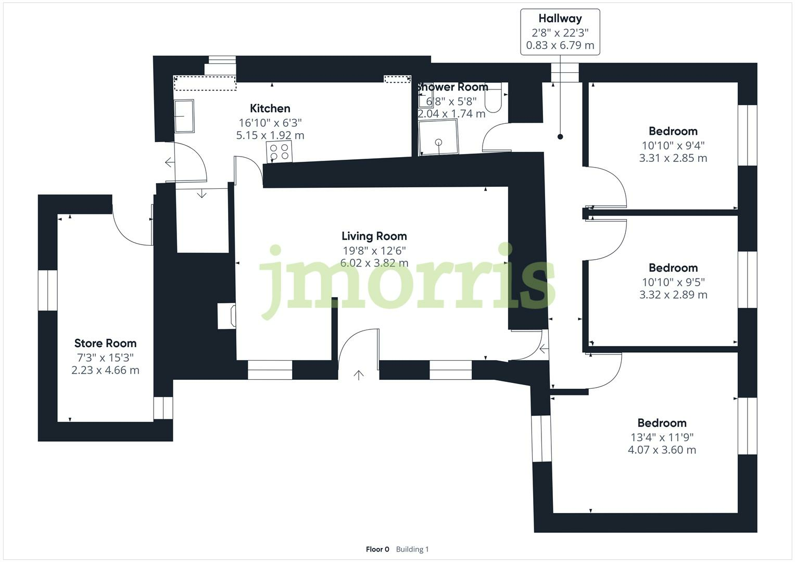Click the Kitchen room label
coord(270,108)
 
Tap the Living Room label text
coord(374,236)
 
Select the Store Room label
coord(105,343)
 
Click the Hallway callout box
coord(560,32)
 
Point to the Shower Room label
coord(452,87)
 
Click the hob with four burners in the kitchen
coord(279,152)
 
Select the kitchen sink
coord(184,116)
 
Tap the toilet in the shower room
coord(493,97)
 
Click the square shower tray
coord(438,137)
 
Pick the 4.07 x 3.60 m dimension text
coord(662,450)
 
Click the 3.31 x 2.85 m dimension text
coord(673,158)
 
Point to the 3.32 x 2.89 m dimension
coord(673,295)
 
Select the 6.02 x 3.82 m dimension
coord(374,263)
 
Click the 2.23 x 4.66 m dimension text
coord(105,371)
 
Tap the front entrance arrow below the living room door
coord(359,375)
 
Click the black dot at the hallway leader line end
coord(560,137)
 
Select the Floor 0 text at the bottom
coord(377,549)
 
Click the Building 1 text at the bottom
coord(412,549)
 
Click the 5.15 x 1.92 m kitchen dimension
coord(270,136)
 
